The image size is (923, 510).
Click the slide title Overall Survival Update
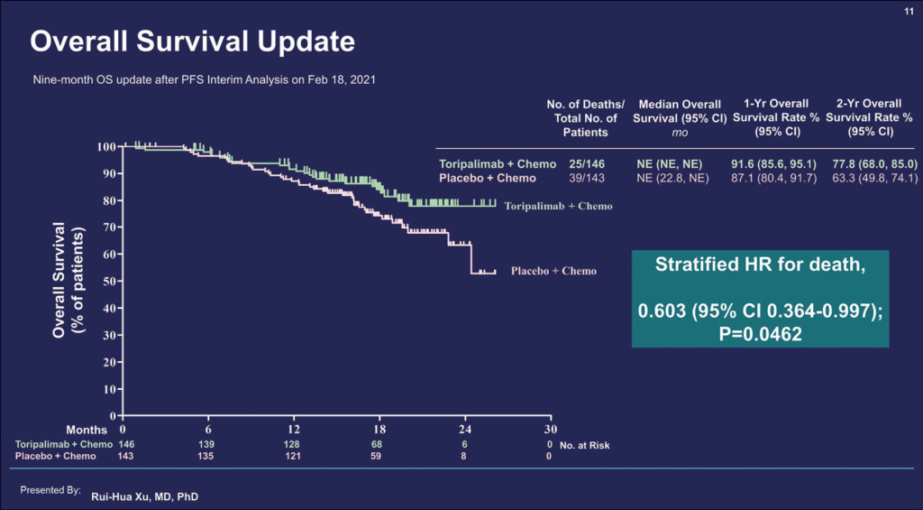[192, 42]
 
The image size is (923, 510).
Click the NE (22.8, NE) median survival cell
[677, 178]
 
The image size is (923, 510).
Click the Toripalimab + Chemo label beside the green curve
[558, 207]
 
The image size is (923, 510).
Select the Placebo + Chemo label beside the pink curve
[553, 271]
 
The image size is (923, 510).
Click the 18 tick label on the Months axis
[379, 430]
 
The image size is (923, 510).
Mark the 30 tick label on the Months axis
[551, 430]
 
